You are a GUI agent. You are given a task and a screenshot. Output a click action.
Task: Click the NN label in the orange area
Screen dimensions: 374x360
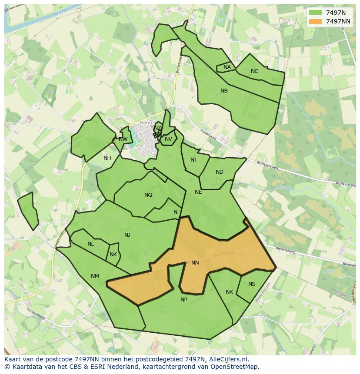[195, 263]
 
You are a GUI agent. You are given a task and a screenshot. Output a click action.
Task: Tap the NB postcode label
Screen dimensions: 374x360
[224, 91]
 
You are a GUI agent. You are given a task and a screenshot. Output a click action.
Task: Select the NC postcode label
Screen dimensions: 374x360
[254, 71]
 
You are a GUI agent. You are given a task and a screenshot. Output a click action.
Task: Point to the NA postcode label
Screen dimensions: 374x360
[227, 67]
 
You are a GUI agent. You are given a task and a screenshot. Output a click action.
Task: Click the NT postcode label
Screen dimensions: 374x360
[194, 160]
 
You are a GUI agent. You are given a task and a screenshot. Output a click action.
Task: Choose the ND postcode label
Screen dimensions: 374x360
[220, 172]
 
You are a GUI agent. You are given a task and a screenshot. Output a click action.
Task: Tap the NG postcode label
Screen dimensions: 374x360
[148, 195]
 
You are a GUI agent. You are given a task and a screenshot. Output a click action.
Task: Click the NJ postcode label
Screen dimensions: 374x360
[127, 235]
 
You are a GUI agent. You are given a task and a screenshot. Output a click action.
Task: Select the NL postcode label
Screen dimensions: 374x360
[90, 244]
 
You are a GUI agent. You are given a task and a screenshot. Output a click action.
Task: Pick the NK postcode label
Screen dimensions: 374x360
[113, 255]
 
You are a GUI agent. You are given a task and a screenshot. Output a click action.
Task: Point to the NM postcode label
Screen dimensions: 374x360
[95, 276]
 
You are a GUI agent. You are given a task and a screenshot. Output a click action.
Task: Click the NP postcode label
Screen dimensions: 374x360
[184, 300]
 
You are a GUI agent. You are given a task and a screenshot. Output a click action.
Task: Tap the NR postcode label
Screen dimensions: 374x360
[229, 292]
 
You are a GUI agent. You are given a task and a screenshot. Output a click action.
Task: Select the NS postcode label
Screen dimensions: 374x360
[252, 284]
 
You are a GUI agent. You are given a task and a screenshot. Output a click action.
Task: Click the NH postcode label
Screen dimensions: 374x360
[107, 158]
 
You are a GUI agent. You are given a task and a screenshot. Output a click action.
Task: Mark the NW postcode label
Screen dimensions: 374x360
[123, 139]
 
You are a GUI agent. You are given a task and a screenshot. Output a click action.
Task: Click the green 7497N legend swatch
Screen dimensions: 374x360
[315, 13]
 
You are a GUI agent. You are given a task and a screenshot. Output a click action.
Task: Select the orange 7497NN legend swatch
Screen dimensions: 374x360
[315, 21]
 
